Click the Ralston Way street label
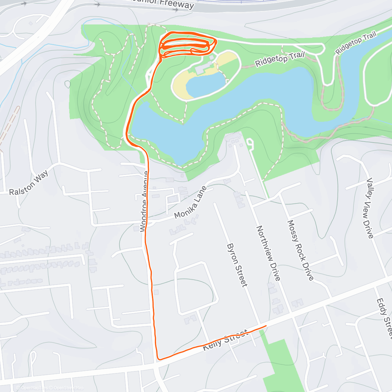(x=29, y=183)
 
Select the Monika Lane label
(x=191, y=203)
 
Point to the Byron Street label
(x=237, y=265)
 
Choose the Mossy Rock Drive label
(x=300, y=250)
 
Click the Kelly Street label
(x=225, y=340)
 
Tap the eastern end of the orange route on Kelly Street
(x=266, y=326)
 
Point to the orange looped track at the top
(x=187, y=45)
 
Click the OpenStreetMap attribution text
(x=68, y=388)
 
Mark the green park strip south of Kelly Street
(x=281, y=363)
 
